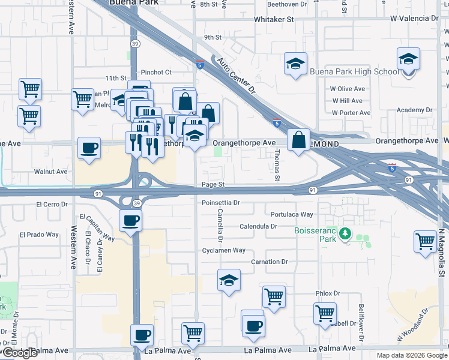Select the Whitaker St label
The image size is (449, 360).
tap(274, 19)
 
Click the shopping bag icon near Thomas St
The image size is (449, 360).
tap(298, 141)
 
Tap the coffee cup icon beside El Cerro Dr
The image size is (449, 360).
tap(130, 221)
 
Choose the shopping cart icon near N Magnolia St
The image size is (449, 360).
tap(425, 242)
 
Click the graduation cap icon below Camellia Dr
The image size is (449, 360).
tap(229, 280)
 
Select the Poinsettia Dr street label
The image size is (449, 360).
tap(220, 203)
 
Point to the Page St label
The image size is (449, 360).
tap(212, 185)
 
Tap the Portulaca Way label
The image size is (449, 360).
tap(292, 214)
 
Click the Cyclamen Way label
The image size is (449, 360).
tap(223, 250)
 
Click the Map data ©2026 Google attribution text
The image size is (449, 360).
tap(411, 355)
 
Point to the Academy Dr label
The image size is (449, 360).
tap(414, 110)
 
